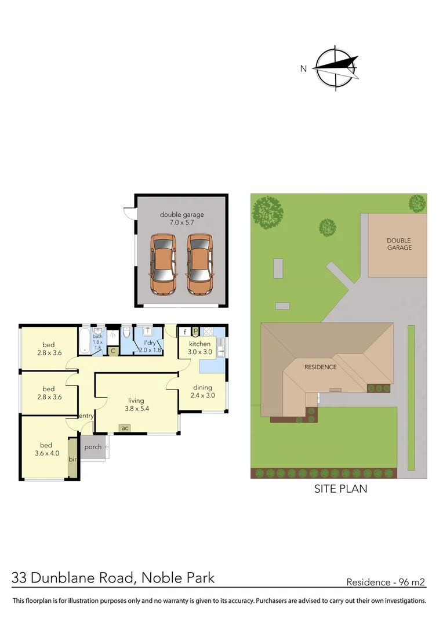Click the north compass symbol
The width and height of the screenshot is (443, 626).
point(336,68)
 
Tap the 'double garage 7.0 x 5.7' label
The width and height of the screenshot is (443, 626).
point(181,219)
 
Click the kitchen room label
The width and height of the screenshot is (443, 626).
point(199,348)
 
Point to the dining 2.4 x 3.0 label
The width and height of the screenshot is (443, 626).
point(202,392)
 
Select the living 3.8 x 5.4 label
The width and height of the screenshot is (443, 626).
point(137,405)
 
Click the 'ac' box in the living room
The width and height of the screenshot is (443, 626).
point(125,428)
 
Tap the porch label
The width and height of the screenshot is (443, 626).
point(93,447)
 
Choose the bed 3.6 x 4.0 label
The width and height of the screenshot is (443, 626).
point(48,449)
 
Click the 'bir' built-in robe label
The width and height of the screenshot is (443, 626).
point(73,459)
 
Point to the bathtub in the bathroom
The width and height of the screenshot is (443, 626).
point(85,340)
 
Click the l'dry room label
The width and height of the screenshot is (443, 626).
point(150,346)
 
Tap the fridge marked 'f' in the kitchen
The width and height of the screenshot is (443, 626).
point(184,332)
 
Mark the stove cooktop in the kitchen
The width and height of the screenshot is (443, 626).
point(208,332)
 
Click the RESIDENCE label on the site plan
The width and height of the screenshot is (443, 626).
point(321,367)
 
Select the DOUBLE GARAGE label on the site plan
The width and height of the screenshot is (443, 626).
point(399,244)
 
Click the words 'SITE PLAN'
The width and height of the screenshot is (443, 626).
point(340,489)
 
